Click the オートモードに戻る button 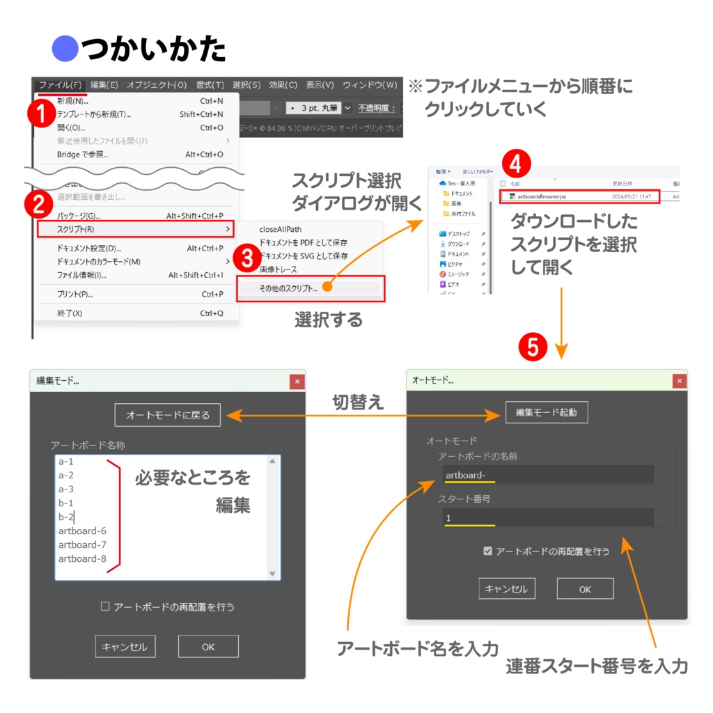167,415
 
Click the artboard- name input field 549,475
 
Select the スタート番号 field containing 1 549,518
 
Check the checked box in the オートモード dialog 488,551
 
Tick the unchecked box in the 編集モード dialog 106,606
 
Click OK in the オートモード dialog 585,589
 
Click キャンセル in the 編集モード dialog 125,647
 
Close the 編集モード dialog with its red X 297,382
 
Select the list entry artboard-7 82,544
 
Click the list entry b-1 66,503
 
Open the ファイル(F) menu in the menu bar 60,85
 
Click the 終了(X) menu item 70,313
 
